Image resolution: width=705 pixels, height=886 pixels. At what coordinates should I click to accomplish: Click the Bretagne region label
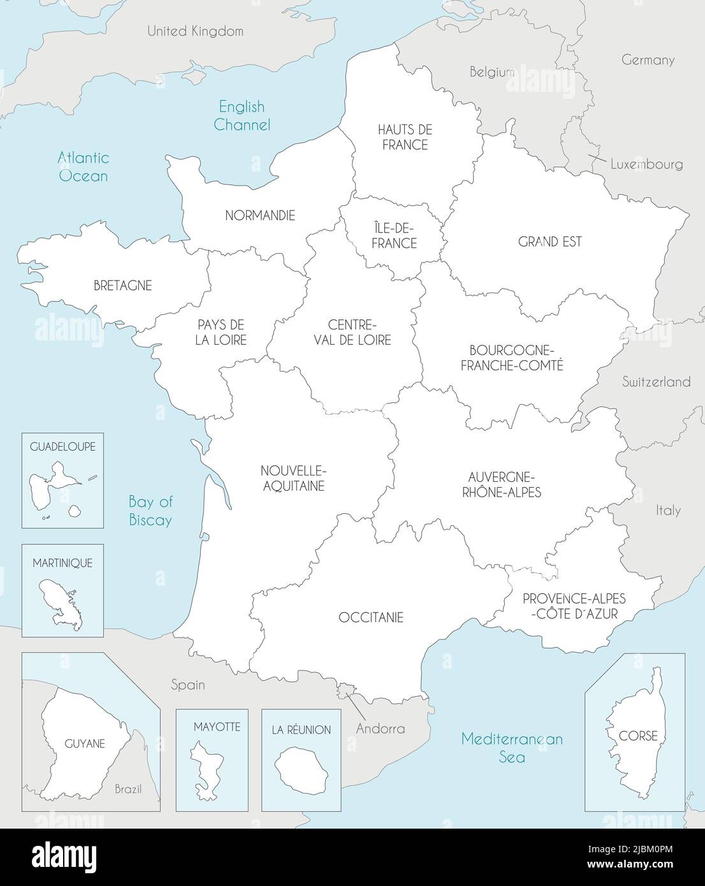click(x=122, y=286)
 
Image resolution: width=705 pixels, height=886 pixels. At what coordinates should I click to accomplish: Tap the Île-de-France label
click(x=395, y=235)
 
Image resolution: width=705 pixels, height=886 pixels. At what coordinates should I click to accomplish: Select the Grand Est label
click(x=549, y=242)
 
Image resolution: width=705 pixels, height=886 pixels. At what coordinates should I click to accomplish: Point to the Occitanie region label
click(x=371, y=618)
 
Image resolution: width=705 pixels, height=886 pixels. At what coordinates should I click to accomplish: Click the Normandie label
click(x=260, y=215)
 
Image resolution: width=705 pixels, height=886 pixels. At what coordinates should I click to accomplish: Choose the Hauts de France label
click(x=405, y=137)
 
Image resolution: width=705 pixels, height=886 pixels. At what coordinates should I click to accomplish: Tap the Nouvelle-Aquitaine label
click(x=293, y=478)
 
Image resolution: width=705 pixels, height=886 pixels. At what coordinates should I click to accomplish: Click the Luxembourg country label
click(x=646, y=164)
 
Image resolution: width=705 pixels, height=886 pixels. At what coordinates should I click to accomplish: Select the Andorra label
click(x=381, y=728)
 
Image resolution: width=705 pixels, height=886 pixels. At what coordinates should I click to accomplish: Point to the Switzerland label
click(x=656, y=382)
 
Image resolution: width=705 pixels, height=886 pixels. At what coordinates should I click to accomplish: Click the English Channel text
click(x=242, y=115)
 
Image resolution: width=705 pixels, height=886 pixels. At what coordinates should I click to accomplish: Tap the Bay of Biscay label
click(x=150, y=511)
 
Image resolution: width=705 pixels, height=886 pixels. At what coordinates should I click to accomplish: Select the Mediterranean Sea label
click(x=512, y=748)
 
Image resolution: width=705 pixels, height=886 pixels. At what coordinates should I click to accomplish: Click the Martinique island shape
click(x=61, y=602)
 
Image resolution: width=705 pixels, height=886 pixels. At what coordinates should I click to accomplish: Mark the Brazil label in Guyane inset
click(x=128, y=789)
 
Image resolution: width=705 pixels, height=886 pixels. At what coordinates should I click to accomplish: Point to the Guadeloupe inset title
click(x=62, y=447)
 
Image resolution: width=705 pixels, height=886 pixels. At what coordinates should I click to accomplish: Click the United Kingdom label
click(x=195, y=31)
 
